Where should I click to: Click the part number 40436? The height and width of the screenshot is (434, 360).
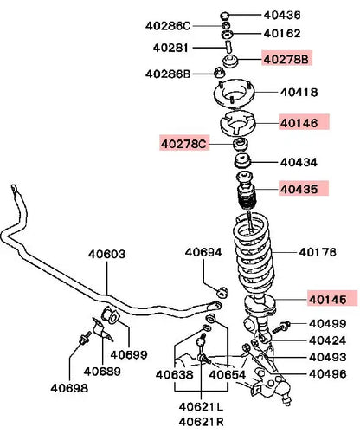(x=282, y=15)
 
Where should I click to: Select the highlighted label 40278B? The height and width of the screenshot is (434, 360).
(x=286, y=59)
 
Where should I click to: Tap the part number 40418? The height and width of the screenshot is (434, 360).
(x=299, y=93)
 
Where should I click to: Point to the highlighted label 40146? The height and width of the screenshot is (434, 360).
(x=304, y=122)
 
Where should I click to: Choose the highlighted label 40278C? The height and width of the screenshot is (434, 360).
(x=184, y=143)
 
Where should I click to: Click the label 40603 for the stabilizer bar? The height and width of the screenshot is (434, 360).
(x=107, y=255)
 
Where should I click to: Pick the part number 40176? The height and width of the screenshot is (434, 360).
(x=318, y=252)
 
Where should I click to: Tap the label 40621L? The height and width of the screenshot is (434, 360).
(x=201, y=407)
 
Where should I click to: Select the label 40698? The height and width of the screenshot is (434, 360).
(x=69, y=388)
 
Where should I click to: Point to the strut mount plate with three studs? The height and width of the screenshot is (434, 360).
(x=234, y=94)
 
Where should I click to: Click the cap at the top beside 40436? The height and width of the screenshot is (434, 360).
(x=225, y=15)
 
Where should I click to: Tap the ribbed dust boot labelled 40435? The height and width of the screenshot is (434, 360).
(x=246, y=191)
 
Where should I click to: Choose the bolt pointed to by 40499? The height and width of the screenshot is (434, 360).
(x=281, y=327)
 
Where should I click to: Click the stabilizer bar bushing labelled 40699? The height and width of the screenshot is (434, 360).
(x=110, y=314)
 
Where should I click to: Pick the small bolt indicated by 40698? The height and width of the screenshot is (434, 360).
(x=85, y=338)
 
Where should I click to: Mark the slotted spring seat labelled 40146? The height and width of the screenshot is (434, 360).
(x=238, y=123)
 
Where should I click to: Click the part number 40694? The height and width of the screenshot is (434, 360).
(x=203, y=252)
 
